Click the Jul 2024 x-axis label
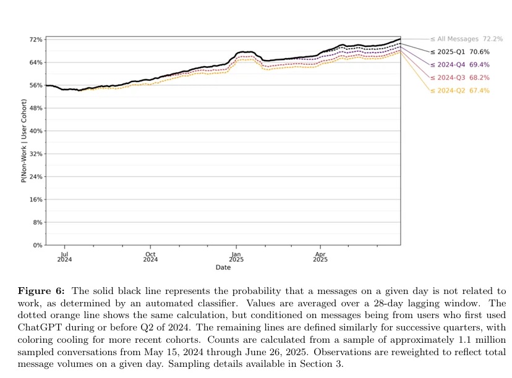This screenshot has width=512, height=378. click(64, 256)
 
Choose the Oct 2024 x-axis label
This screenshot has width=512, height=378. click(150, 256)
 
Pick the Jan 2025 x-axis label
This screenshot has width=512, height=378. click(236, 256)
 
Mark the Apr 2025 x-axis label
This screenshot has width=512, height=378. click(320, 256)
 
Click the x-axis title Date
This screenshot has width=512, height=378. click(223, 267)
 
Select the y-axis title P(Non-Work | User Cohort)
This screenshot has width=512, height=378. click(23, 142)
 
